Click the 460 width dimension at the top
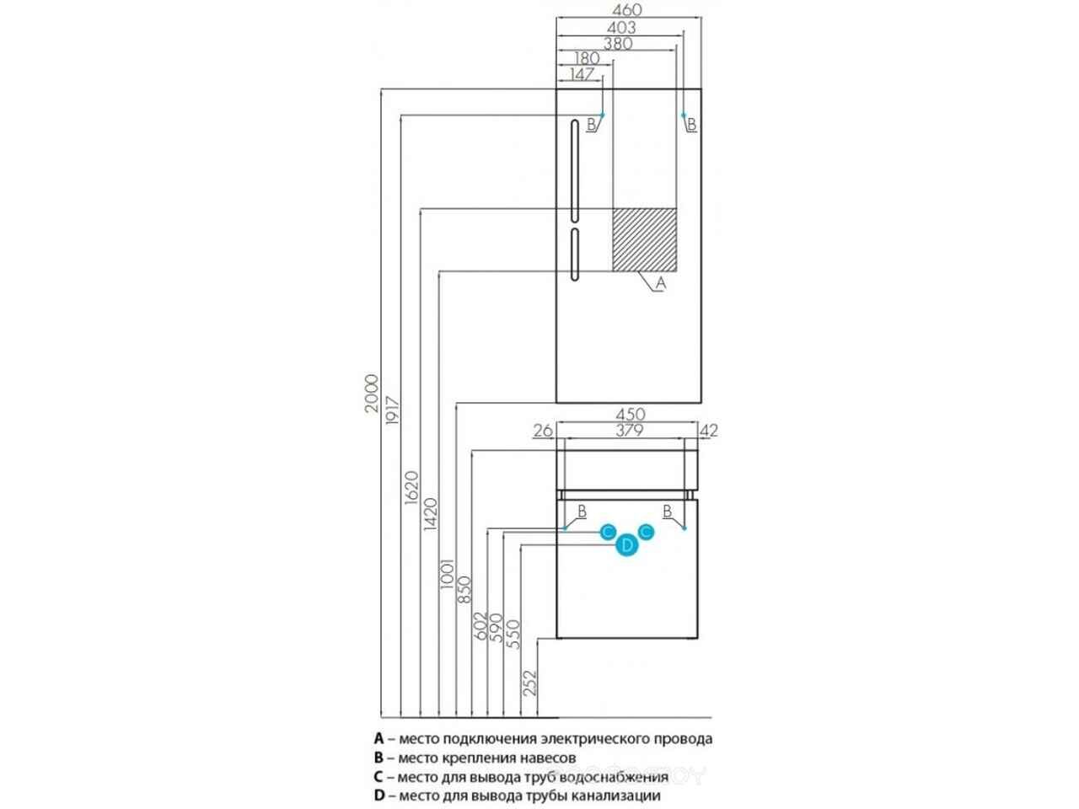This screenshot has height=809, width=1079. [x=628, y=10]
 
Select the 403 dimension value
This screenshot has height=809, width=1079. [x=621, y=28]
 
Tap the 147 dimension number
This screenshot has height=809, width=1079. [x=582, y=75]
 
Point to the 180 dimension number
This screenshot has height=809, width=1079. [x=587, y=58]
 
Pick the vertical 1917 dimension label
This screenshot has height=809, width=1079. [x=392, y=410]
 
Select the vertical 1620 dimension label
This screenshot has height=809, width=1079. [x=411, y=487]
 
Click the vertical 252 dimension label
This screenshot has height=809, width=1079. [x=529, y=683]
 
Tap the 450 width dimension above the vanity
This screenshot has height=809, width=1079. [x=630, y=414]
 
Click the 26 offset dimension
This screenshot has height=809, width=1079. [x=543, y=431]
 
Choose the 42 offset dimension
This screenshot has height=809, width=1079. [x=708, y=431]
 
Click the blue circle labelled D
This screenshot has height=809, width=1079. [x=627, y=545]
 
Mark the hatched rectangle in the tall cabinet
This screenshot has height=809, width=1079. [x=645, y=239]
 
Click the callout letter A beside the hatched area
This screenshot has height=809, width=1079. [x=661, y=283]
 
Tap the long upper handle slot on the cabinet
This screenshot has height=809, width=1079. [x=575, y=170]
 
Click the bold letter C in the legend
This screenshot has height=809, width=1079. [x=378, y=777]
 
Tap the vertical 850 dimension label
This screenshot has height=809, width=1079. [x=464, y=589]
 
